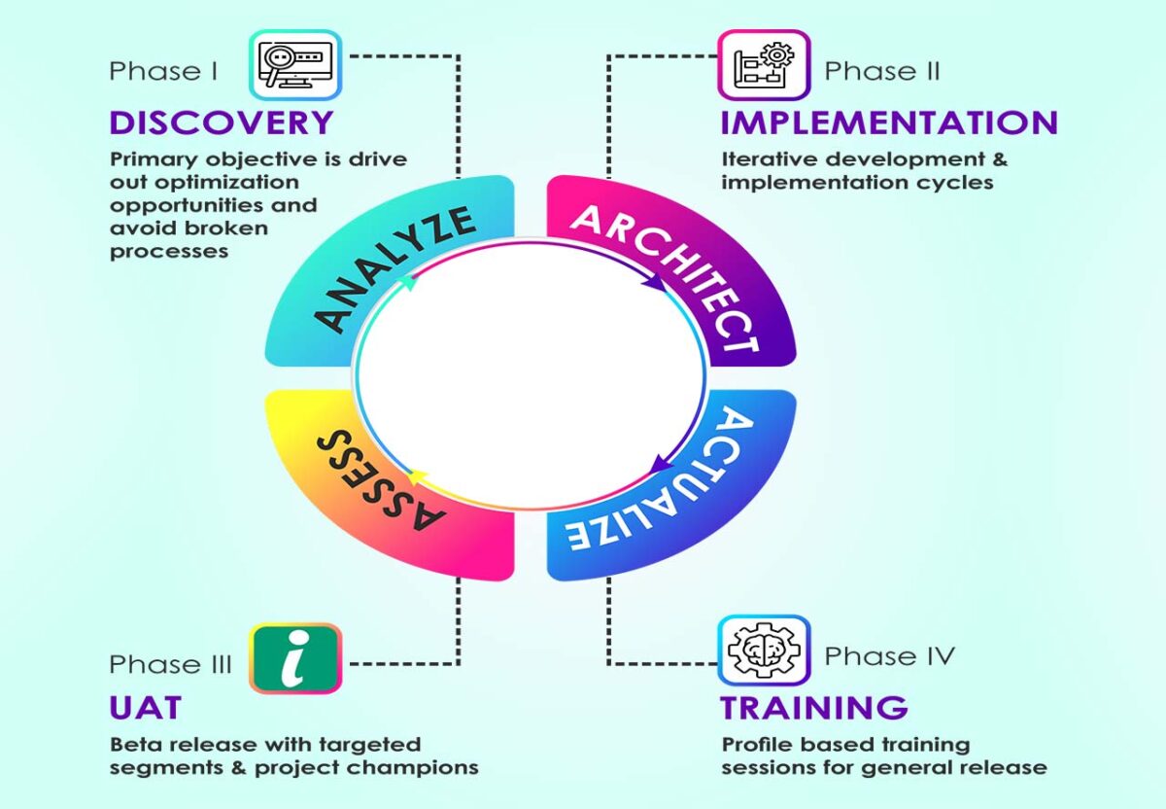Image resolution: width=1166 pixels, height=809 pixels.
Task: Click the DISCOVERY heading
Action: pos(222,123)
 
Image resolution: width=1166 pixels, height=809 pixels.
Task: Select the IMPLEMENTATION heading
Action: pos(888,123)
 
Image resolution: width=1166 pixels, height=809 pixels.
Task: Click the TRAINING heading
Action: pos(814,707)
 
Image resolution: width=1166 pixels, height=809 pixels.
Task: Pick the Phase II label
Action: pos(881,71)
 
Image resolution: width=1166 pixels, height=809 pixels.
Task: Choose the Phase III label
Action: pos(170,664)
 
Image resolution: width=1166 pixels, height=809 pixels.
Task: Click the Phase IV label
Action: pos(889,656)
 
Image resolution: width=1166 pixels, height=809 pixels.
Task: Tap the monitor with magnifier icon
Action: pos(295,65)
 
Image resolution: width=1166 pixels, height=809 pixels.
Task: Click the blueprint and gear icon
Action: pos(764,65)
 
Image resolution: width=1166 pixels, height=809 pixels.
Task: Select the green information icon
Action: pos(295,658)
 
